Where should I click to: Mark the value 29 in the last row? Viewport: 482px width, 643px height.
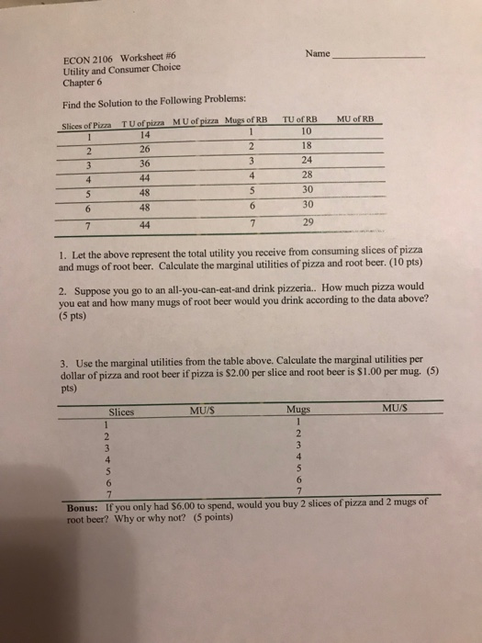click(306, 223)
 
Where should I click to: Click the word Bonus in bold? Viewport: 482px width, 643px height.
click(88, 505)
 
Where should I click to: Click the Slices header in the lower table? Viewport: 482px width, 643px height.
click(123, 412)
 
